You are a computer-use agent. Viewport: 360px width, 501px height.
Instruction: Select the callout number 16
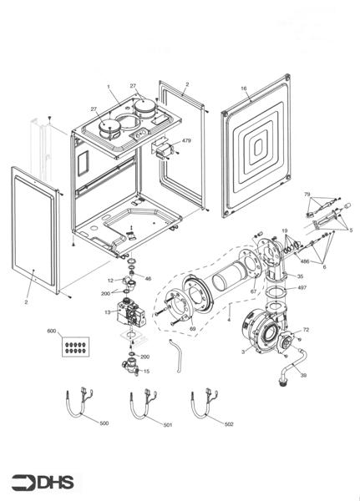[x=244, y=88]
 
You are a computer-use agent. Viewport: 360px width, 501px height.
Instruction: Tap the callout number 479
[x=185, y=141]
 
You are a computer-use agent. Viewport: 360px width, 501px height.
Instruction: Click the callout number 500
[x=104, y=423]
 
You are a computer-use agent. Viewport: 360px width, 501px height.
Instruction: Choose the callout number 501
[x=167, y=425]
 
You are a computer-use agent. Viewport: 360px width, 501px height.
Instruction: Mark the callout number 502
[x=229, y=423]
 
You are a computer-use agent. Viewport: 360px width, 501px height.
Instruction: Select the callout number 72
[x=306, y=331]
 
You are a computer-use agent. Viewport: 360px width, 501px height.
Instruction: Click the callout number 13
[x=107, y=311]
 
